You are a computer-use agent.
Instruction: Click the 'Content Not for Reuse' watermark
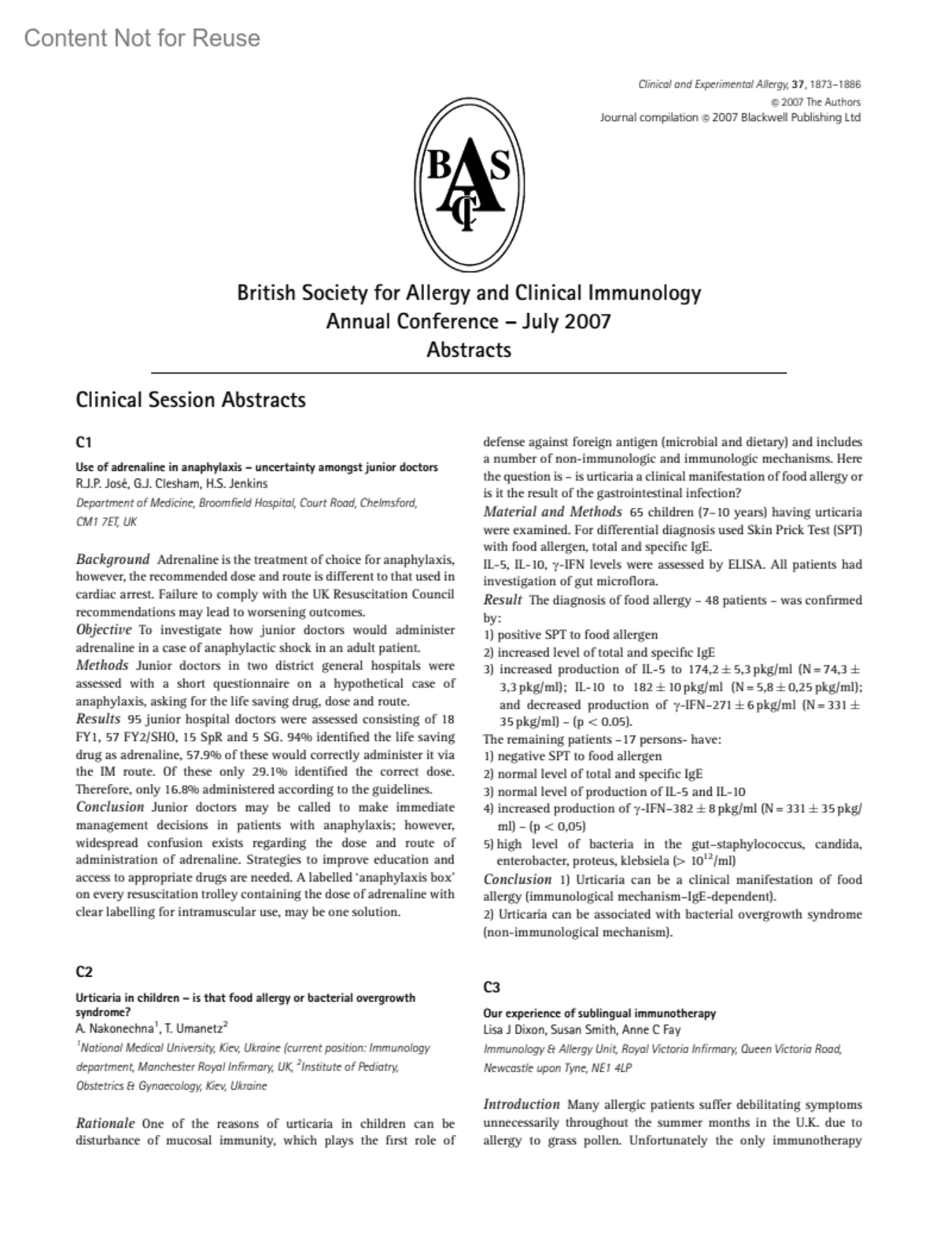click(142, 38)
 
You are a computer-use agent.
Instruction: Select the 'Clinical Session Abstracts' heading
click(190, 400)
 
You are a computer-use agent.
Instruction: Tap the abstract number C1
click(84, 442)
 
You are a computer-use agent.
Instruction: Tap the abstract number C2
click(84, 971)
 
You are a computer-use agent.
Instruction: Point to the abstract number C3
click(492, 987)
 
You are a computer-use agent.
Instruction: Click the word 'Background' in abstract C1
click(112, 560)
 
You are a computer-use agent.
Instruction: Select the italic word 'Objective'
click(104, 630)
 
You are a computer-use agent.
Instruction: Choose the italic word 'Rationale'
click(105, 1123)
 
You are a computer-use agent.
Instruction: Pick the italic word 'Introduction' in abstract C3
click(522, 1104)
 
